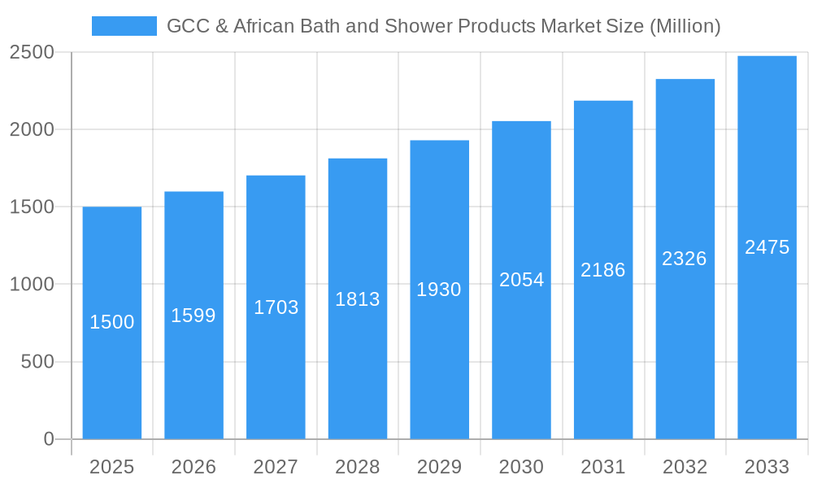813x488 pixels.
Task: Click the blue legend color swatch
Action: coord(124,26)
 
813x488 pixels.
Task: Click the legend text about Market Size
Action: coord(443,26)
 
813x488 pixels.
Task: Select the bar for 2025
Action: coord(112,374)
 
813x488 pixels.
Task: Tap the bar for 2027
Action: coord(276,366)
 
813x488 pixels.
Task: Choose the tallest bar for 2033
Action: coord(767,325)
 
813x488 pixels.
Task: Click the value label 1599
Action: coord(193,316)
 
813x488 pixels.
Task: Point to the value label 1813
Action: coord(358,299)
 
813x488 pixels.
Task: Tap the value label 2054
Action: coord(521,280)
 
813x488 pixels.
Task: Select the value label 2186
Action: coord(603,270)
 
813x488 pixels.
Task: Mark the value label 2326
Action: coord(685,259)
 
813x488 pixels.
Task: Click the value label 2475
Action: coord(767,247)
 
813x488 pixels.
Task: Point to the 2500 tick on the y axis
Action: coord(32,52)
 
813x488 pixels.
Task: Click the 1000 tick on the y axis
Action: coord(32,285)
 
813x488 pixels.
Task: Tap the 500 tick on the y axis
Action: coord(37,362)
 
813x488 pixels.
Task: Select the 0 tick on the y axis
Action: coord(48,439)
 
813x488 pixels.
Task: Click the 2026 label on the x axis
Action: coord(193,467)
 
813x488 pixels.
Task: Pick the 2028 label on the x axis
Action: coord(358,467)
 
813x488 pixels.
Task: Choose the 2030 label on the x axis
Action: coord(521,467)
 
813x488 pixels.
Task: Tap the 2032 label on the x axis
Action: coord(685,467)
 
